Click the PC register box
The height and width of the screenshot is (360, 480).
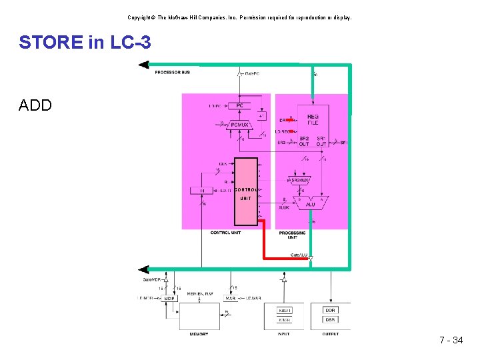click(239, 106)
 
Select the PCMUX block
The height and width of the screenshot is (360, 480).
click(239, 124)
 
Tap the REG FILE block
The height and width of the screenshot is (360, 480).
click(313, 119)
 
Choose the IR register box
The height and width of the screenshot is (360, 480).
click(203, 191)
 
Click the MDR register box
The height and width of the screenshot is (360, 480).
click(169, 298)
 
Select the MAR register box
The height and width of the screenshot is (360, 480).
click(229, 298)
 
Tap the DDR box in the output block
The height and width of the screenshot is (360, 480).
click(330, 310)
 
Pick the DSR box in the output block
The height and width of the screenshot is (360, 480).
click(330, 319)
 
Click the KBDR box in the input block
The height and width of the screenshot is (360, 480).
click(285, 310)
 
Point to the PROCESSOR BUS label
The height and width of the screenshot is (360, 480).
click(172, 72)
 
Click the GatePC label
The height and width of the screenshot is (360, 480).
click(252, 73)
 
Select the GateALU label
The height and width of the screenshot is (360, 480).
click(299, 255)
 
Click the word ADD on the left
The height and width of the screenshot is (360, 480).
click(35, 105)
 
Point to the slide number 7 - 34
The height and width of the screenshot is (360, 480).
click(451, 341)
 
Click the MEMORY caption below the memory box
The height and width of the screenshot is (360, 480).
click(199, 334)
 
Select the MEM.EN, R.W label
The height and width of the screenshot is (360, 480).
click(199, 293)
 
